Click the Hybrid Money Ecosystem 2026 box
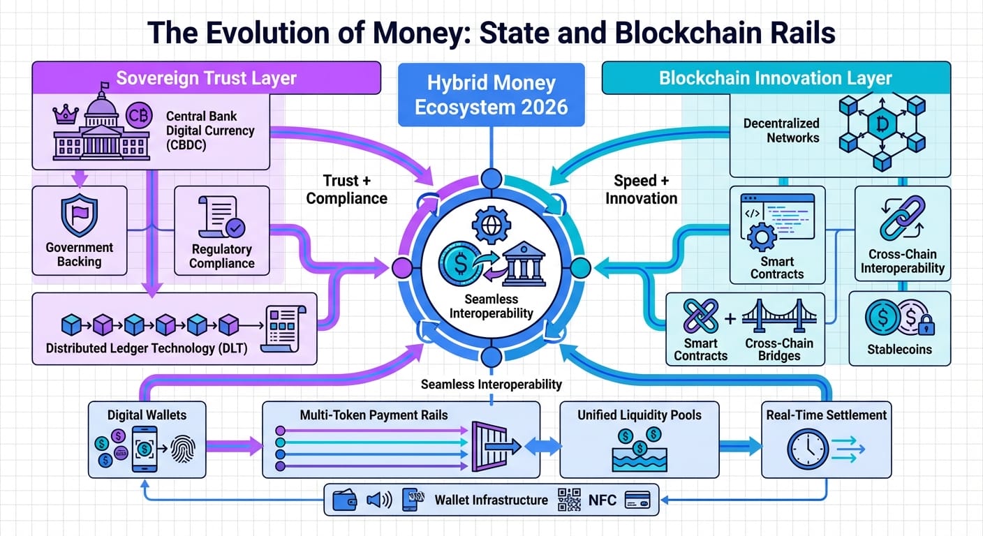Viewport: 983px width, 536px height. click(491, 94)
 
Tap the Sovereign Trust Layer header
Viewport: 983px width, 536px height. click(206, 77)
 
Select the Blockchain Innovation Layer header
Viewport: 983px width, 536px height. click(775, 77)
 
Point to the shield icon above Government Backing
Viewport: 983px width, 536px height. click(79, 216)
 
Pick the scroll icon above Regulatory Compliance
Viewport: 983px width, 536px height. click(221, 216)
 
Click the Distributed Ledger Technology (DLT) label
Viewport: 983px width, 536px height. click(147, 348)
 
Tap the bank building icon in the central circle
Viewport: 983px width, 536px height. click(524, 265)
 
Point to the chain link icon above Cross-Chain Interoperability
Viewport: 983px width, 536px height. click(902, 218)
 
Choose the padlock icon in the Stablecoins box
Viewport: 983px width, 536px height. click(926, 325)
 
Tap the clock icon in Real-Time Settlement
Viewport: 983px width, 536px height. click(808, 448)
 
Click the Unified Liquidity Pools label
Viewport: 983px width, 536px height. click(639, 415)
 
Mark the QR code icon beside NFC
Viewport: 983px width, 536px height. click(570, 500)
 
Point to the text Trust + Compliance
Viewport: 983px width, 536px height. click(346, 189)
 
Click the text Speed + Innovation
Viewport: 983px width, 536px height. click(641, 189)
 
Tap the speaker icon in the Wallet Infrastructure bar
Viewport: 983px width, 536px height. click(379, 500)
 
